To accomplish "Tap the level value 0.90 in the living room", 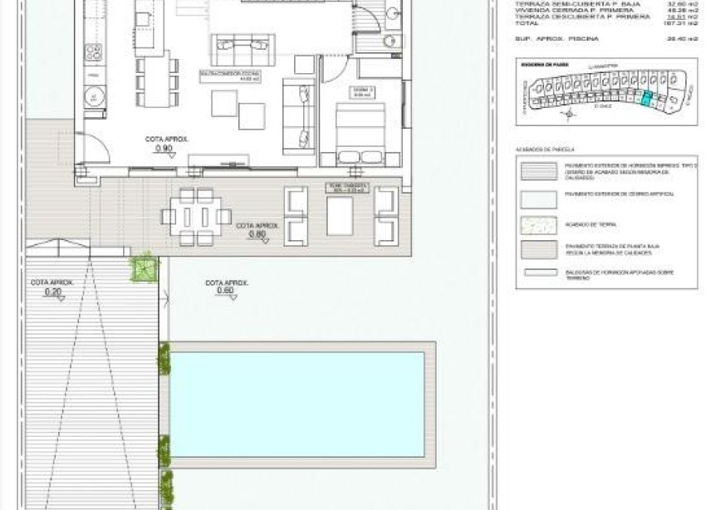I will coord(164,149).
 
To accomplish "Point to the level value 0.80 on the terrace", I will coord(256,234).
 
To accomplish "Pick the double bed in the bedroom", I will coord(360,132).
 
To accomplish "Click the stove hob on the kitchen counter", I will coord(94,53).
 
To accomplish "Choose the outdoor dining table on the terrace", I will coord(197,217).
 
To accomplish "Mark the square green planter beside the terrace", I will coord(144,267).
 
